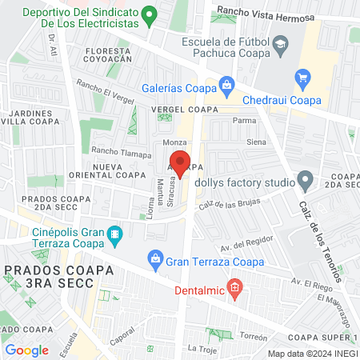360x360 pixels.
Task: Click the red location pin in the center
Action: [181, 162]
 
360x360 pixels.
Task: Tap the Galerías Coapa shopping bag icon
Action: [227, 83]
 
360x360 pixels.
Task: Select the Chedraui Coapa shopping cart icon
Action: [302, 78]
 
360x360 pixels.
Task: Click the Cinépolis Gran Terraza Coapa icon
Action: [115, 234]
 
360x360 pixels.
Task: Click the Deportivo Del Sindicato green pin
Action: [148, 14]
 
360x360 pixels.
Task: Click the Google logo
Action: [26, 350]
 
